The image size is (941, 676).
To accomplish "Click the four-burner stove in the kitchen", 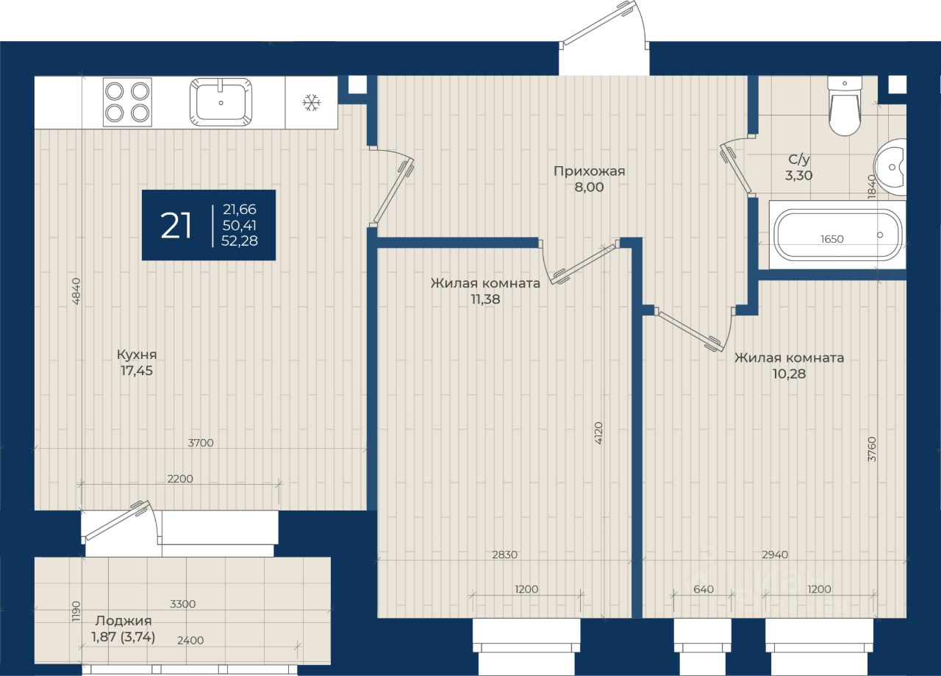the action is click(x=127, y=102).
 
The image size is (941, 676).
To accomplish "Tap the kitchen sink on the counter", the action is click(x=221, y=102).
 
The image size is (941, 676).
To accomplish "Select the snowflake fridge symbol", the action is click(x=312, y=102).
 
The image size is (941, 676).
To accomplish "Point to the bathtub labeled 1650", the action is click(x=837, y=235).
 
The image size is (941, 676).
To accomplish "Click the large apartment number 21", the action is click(x=176, y=225).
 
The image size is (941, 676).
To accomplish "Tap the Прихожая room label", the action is click(x=589, y=171).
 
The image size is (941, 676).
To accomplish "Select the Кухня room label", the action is click(x=137, y=355).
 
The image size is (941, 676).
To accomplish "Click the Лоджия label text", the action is click(x=123, y=621).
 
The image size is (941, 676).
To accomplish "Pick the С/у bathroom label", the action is click(x=798, y=160).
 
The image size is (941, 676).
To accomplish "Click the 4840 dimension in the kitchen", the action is click(x=76, y=291).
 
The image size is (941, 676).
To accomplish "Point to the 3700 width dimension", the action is click(x=201, y=443).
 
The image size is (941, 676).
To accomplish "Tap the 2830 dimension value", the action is click(x=504, y=555).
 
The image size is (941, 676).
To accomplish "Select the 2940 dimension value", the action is click(x=775, y=555).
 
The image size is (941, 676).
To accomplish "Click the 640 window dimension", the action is click(x=704, y=589).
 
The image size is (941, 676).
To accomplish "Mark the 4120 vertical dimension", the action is click(x=598, y=433).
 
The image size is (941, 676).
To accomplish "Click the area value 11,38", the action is click(x=485, y=299).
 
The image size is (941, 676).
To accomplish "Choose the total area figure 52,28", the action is click(x=240, y=241).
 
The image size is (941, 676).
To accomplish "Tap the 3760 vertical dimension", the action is click(x=872, y=449).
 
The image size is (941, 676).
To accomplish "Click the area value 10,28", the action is click(x=789, y=374).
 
